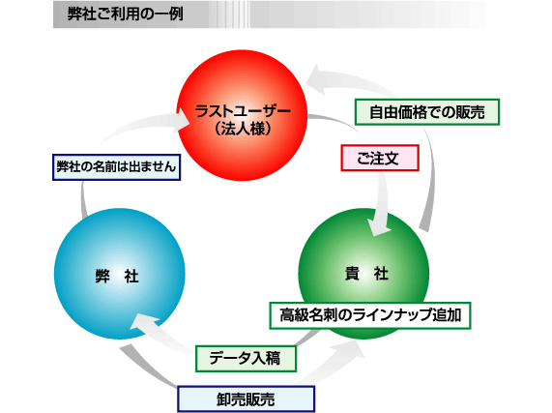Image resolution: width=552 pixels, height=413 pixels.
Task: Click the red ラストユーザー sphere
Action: point(242,115)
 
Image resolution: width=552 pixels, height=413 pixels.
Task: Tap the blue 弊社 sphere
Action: point(119,274)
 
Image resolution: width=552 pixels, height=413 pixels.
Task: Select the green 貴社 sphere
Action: point(363,274)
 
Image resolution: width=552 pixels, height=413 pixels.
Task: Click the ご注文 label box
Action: point(380,158)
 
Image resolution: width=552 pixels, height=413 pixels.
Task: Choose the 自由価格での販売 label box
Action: point(427,112)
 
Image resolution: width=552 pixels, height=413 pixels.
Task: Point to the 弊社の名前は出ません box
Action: point(117,167)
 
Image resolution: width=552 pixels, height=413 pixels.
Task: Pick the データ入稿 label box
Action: point(246,359)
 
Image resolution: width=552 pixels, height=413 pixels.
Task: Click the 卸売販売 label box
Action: point(246,398)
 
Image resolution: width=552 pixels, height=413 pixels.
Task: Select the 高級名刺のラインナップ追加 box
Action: point(370,315)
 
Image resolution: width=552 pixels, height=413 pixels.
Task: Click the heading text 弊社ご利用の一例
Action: point(126,15)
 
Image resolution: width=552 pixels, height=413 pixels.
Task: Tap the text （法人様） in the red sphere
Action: point(243,129)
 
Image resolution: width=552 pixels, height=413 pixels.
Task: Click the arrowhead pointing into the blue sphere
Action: point(142,322)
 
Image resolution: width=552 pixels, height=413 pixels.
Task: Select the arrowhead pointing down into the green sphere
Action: point(378,227)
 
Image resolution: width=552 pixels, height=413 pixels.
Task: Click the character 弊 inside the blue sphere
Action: point(102,276)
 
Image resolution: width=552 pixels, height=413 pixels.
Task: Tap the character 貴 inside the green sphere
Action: point(352,274)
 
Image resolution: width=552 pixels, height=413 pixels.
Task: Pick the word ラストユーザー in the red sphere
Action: point(243,111)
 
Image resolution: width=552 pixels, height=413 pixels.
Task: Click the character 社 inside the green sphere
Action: point(381,274)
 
